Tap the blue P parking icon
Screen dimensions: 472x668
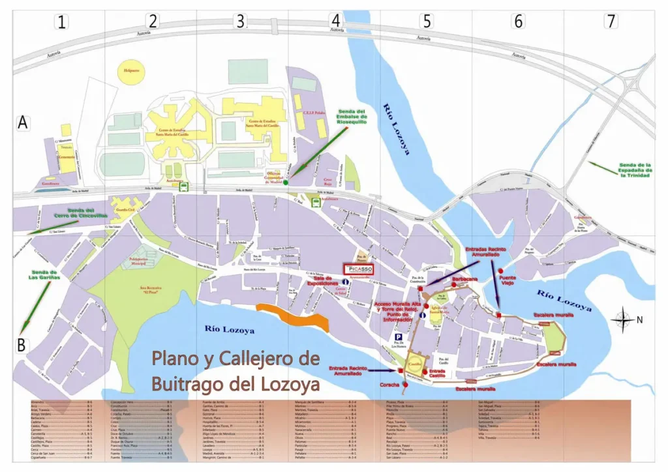tap(397, 338)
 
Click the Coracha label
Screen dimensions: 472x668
tap(389, 385)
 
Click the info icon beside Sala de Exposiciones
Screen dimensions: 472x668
tap(327, 282)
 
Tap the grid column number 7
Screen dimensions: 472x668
tap(610, 21)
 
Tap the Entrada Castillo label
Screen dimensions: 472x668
tap(438, 374)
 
